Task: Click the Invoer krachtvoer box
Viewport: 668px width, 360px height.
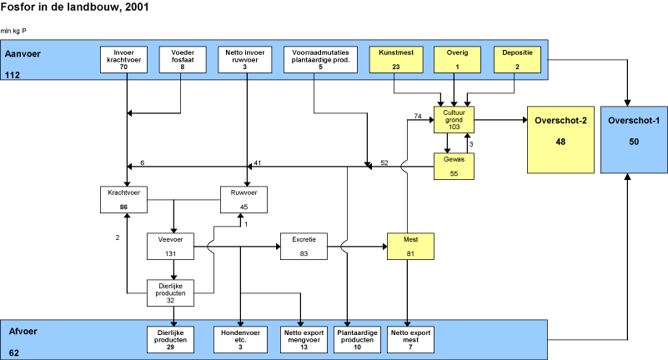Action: (x=127, y=59)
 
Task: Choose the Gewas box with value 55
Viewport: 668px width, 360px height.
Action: (x=454, y=166)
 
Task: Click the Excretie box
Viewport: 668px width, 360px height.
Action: (x=304, y=247)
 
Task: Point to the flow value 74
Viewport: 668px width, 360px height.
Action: (x=417, y=116)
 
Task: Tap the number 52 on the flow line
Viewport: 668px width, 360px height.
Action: (x=384, y=162)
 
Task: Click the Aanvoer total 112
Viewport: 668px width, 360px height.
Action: (x=13, y=75)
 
